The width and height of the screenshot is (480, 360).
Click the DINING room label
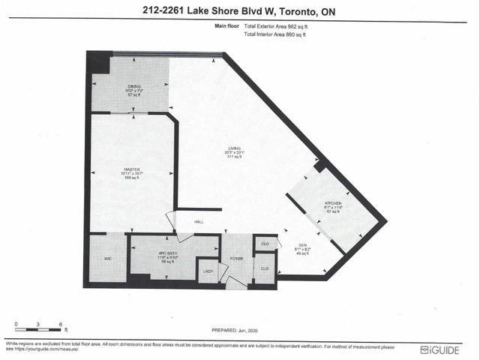tap(133, 87)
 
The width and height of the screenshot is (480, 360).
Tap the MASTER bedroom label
tap(133, 169)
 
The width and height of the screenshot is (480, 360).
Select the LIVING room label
tap(235, 148)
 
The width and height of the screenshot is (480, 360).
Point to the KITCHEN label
tap(333, 203)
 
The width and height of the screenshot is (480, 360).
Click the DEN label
tap(303, 246)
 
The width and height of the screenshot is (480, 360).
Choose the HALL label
tap(199, 222)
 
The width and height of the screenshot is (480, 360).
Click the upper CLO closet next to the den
tap(265, 244)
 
